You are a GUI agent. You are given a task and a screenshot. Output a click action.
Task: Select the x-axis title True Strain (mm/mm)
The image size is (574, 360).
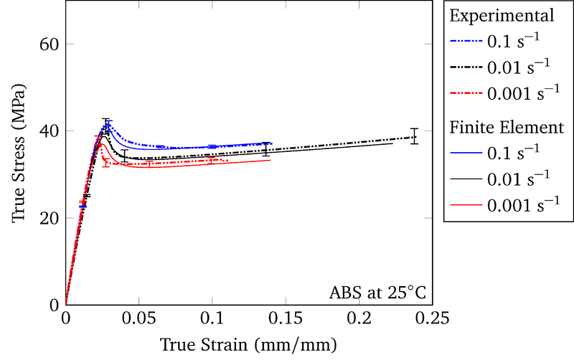249,344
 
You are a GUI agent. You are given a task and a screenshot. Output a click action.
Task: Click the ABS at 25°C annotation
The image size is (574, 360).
377,293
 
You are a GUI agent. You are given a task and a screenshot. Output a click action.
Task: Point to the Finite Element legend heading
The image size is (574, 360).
506,128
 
